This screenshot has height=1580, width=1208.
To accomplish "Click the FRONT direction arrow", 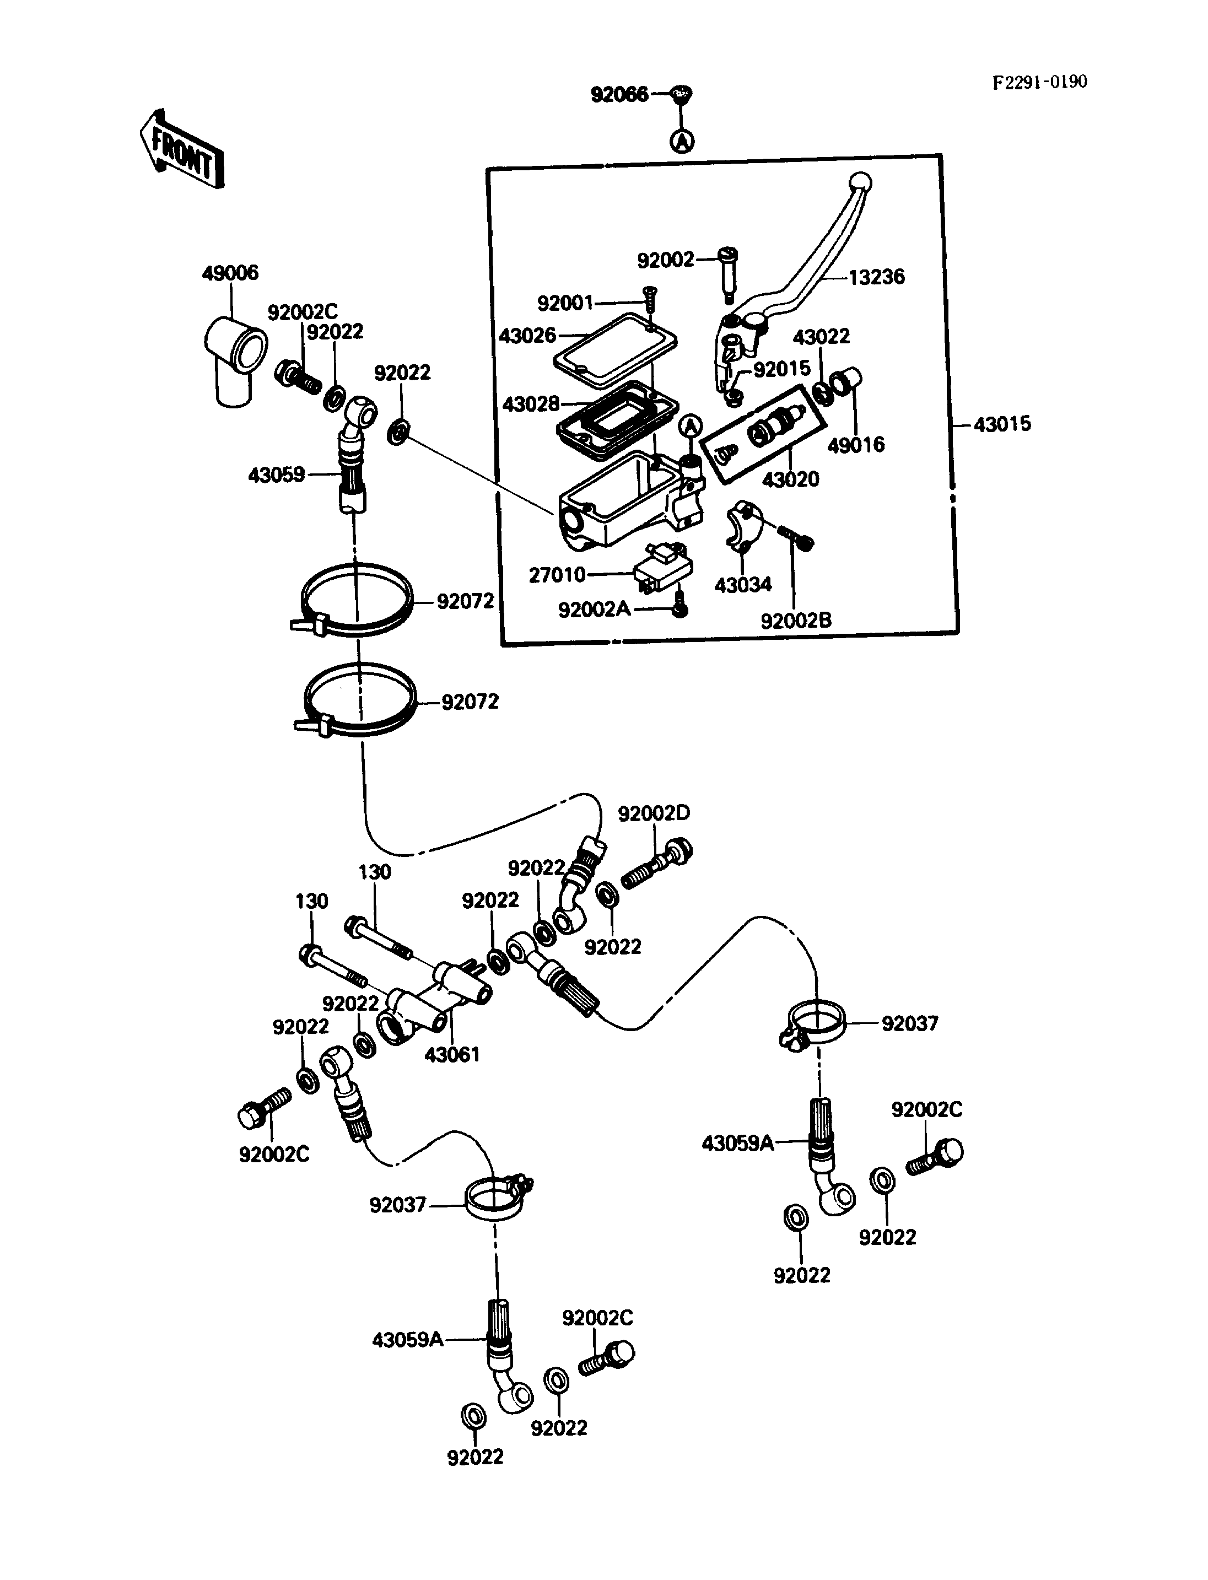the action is [181, 149].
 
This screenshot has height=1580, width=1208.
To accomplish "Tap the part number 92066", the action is [619, 94].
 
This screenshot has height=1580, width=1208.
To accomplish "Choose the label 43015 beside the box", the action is [1002, 424].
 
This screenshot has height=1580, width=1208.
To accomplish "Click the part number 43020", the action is [790, 479].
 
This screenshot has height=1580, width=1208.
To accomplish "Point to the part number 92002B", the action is [796, 620].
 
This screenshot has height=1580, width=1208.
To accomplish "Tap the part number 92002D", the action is [654, 813].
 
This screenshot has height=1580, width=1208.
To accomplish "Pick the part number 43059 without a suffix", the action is [276, 474].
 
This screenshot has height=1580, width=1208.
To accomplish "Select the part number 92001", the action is [565, 304].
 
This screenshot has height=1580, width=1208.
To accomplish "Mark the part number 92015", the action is [781, 368].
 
